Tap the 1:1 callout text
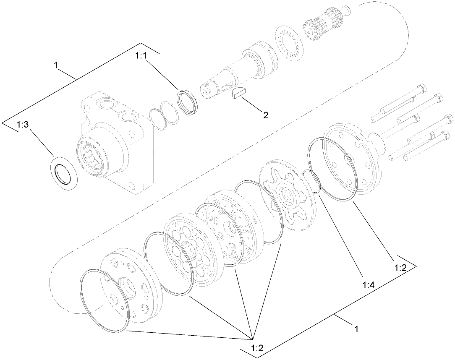point(141,55)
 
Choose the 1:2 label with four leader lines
point(258,348)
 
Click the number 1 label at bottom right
point(356,329)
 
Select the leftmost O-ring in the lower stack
point(104,300)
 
